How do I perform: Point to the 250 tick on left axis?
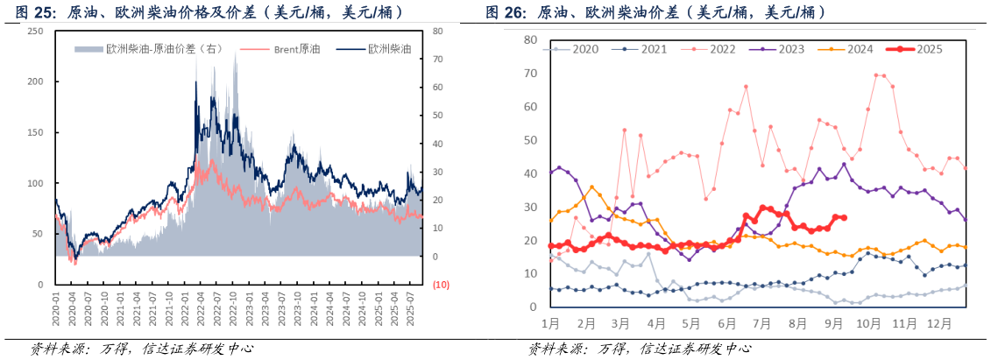(x=35, y=31)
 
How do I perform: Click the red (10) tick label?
(x=441, y=285)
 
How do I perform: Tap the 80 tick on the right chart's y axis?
(x=529, y=39)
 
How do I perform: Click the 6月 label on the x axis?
(x=727, y=323)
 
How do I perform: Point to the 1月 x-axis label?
(x=550, y=323)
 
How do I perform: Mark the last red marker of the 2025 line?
(x=843, y=217)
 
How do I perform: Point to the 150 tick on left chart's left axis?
(x=35, y=132)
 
